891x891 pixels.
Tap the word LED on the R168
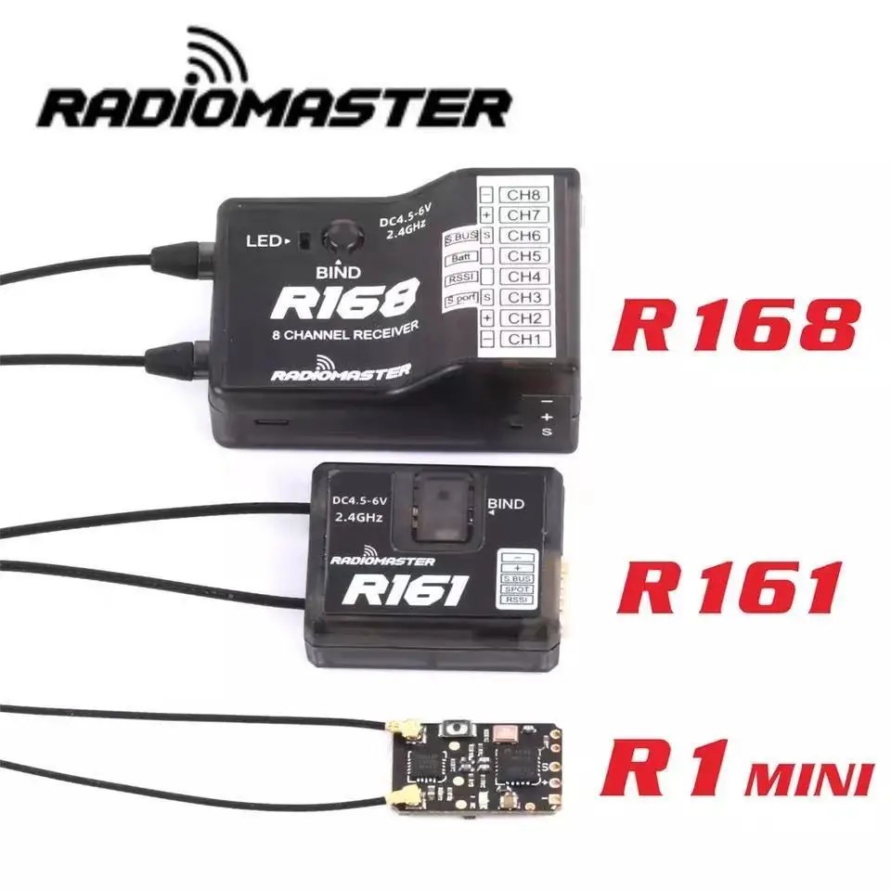(x=263, y=241)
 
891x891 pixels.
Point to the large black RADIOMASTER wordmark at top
(x=275, y=107)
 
